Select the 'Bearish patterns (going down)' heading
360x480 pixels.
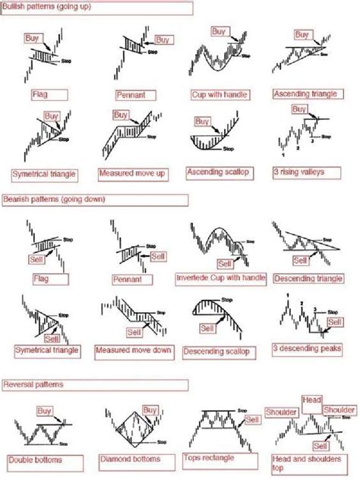click(53, 199)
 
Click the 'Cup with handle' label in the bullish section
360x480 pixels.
click(219, 95)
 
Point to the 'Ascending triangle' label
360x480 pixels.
click(302, 95)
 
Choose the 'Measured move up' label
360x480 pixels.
click(128, 173)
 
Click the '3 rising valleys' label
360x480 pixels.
click(300, 172)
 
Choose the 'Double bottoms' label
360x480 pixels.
click(36, 459)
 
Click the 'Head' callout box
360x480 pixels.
click(311, 399)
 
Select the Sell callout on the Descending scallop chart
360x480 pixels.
click(207, 328)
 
